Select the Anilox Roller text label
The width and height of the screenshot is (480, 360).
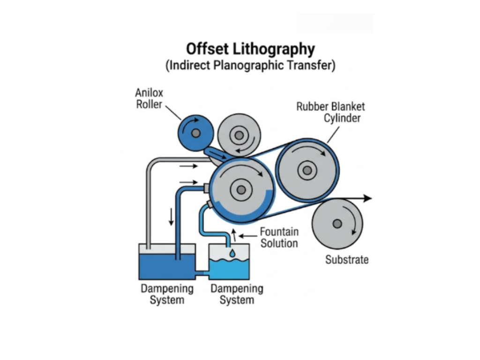pos(150,98)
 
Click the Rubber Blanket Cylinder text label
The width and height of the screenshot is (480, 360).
pos(330,112)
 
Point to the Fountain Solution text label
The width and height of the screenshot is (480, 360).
pos(279,237)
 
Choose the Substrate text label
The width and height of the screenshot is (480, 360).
pos(347,259)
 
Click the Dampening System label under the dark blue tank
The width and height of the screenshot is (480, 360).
pos(167,294)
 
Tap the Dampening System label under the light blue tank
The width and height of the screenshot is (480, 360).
pos(237,294)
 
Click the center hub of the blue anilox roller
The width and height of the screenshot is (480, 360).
pos(196,133)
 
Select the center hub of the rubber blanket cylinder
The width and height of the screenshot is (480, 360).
pos(307,171)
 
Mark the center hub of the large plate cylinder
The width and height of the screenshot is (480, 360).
pos(241,190)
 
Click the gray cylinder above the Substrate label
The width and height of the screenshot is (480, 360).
pos(337,224)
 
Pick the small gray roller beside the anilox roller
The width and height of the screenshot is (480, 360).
pos(239,135)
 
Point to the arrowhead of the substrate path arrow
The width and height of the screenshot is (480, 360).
pos(368,198)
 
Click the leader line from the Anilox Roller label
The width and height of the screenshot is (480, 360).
pos(173,112)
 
